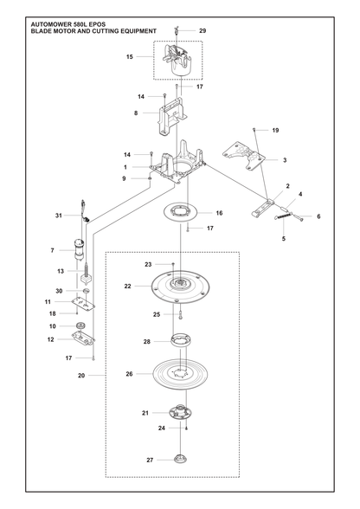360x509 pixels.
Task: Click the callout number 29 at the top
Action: pos(202,31)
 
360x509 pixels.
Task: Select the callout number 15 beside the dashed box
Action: pos(130,57)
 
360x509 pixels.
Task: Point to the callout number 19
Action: pos(275,130)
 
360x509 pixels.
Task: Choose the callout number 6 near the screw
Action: pos(318,216)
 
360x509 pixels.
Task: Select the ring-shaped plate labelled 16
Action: pos(180,213)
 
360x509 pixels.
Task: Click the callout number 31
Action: pos(59,216)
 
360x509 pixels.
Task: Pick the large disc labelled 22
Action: pos(180,287)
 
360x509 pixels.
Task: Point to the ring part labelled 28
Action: pos(181,340)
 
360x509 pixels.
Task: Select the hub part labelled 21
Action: pos(180,412)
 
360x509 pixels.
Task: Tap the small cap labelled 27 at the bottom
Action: pos(179,460)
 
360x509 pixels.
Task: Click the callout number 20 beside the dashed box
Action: pos(81,376)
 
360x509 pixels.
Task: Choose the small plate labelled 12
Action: pos(83,339)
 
